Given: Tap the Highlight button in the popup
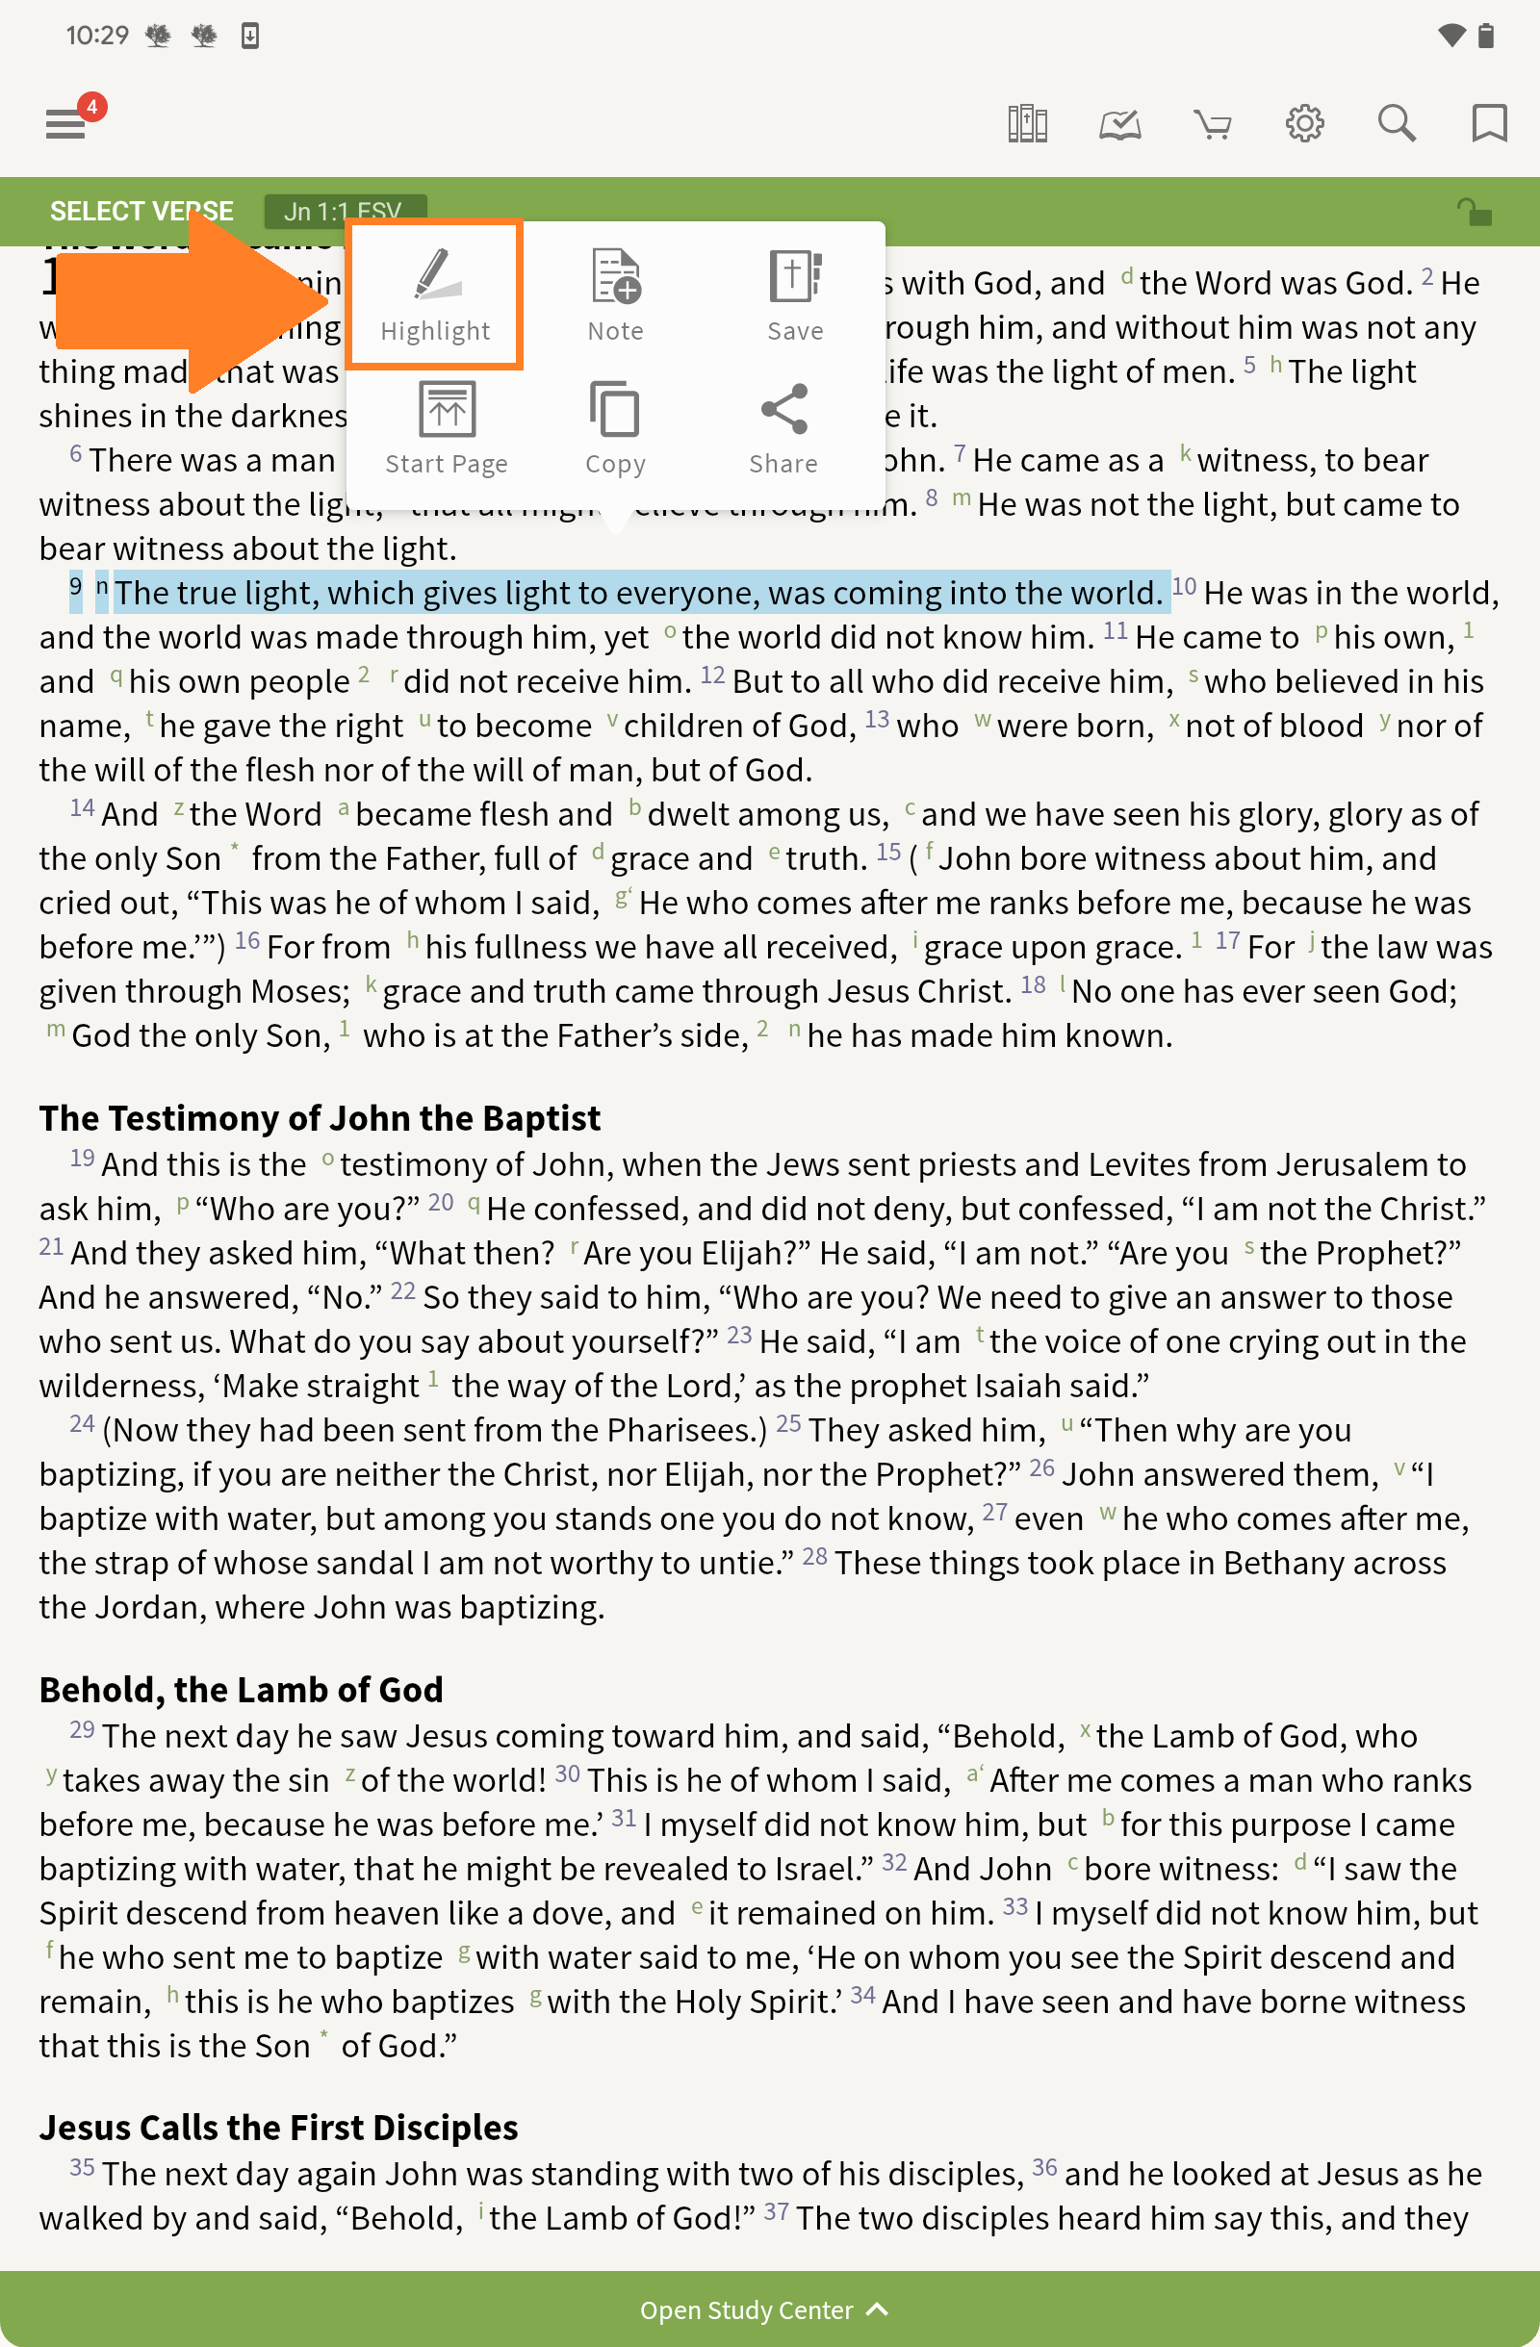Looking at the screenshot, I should pos(435,294).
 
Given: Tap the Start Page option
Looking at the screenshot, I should pos(446,428).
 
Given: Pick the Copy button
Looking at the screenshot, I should pos(616,428).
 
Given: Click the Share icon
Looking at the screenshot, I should pos(784,428).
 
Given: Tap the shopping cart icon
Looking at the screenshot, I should pos(1212,124).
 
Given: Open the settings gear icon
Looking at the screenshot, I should pos(1304,124).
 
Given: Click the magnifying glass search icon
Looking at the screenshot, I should pos(1396,124).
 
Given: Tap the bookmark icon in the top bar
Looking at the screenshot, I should pos(1489,124).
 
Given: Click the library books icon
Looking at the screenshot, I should pos(1027,124).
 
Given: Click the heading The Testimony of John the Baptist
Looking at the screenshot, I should pos(320,1118).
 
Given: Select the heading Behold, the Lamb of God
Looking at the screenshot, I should pos(241,1689).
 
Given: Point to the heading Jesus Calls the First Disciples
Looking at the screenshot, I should pos(278,2127).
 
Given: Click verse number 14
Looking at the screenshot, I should pos(82,808).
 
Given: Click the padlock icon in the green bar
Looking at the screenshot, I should pos(1474,211).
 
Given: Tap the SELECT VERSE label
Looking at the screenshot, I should pos(141,211).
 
